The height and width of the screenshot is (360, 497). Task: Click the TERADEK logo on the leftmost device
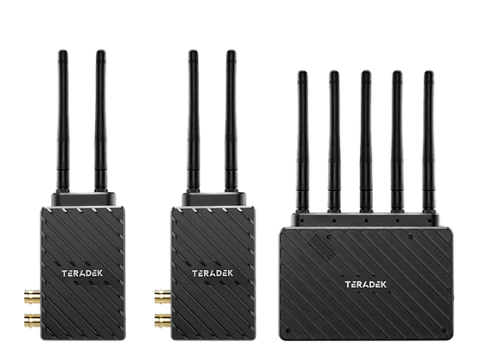tap(82, 273)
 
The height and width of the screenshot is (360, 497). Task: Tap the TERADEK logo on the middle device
tap(213, 273)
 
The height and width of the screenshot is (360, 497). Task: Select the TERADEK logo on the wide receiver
tap(366, 285)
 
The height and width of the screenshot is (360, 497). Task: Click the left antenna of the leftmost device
tap(63, 121)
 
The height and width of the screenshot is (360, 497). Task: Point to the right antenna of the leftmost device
tap(100, 121)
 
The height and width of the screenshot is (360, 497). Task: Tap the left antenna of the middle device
tap(193, 121)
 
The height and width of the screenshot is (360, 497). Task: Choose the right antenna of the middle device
tap(231, 121)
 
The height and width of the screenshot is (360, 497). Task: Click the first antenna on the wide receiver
tap(302, 141)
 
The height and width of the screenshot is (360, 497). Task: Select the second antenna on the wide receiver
tap(334, 141)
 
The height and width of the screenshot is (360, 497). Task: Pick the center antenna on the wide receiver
tap(366, 141)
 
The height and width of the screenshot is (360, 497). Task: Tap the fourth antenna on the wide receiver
tap(397, 141)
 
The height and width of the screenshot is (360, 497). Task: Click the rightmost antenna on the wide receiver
tap(428, 141)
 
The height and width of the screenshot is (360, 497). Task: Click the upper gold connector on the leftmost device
tap(33, 297)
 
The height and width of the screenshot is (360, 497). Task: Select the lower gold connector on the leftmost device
tap(33, 321)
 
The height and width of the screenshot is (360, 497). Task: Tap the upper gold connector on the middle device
tap(163, 297)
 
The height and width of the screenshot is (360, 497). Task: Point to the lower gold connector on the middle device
tap(163, 321)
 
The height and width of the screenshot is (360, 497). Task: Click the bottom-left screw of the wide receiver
tap(288, 331)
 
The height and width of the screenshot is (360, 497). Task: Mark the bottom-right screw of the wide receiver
tap(443, 331)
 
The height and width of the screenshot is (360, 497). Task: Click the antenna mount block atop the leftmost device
tap(83, 199)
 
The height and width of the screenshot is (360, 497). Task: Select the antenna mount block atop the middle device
tap(214, 199)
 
